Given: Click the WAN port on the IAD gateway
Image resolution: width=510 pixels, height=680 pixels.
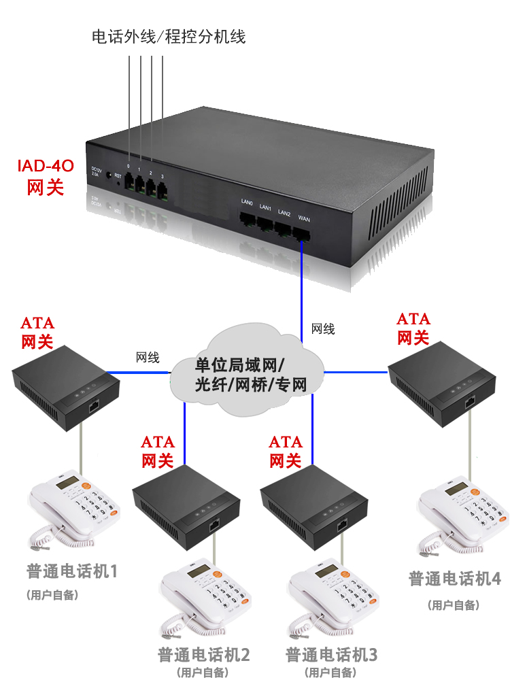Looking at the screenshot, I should point(303,233).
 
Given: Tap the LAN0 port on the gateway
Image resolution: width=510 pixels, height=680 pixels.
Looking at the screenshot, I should point(248,221).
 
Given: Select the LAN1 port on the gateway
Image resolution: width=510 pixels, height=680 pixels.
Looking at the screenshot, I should point(266,225).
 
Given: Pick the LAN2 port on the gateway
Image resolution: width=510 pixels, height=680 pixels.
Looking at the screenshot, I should point(284,229).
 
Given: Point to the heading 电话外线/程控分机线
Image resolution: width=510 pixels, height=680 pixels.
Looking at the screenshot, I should point(168,37).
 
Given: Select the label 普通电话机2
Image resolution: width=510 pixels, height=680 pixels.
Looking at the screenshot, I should point(204,655).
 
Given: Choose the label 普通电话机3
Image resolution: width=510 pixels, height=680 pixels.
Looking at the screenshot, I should point(331,655).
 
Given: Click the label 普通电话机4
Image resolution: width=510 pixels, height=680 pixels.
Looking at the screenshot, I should point(454,579).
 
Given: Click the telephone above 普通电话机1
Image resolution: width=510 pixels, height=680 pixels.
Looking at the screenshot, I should point(73,510).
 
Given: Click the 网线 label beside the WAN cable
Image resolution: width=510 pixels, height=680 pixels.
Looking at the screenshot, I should point(323,329).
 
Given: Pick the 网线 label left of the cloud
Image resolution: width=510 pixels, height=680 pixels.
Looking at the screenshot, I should point(148,357).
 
